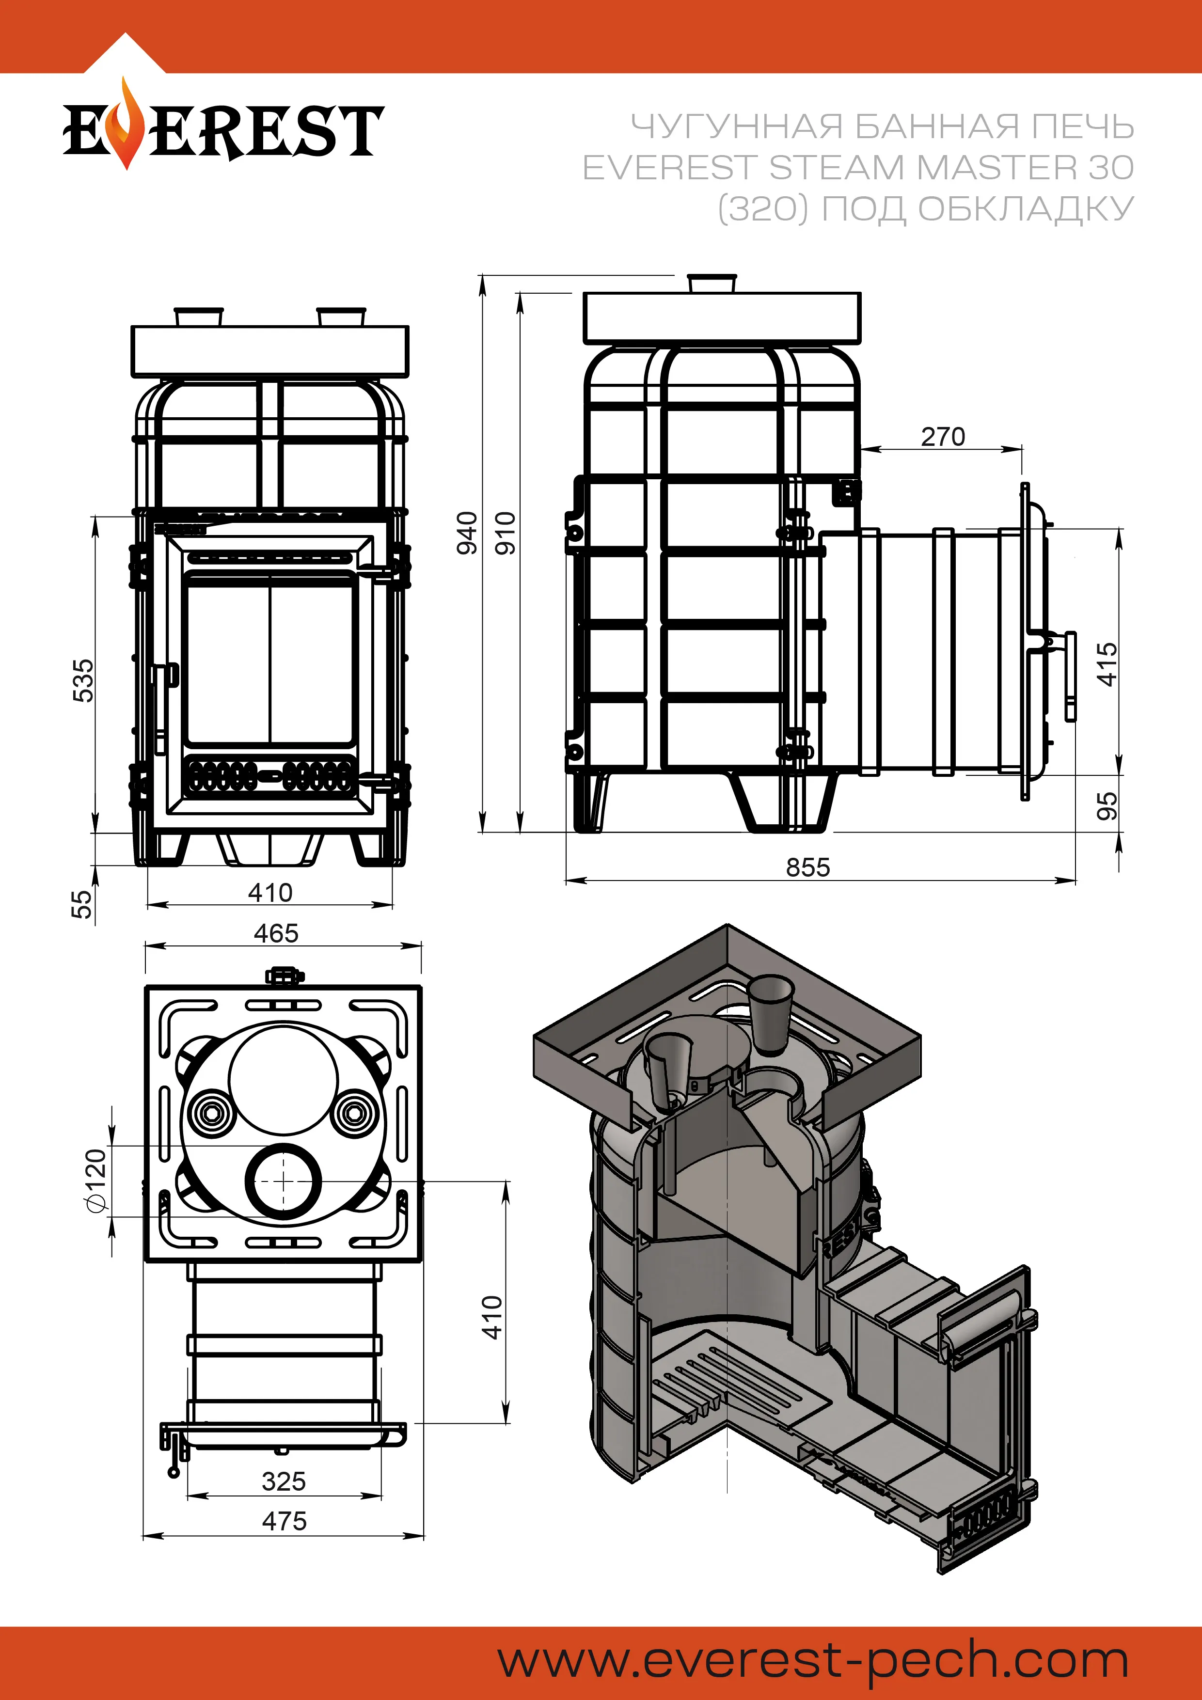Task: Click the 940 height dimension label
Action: pyautogui.click(x=467, y=533)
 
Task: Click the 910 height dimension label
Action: pyautogui.click(x=505, y=533)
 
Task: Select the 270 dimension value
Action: pyautogui.click(x=943, y=437)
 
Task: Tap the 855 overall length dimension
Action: pyautogui.click(x=808, y=867)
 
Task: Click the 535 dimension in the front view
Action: pyautogui.click(x=84, y=680)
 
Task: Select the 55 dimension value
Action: pyautogui.click(x=82, y=904)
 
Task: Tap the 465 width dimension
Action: pyautogui.click(x=276, y=933)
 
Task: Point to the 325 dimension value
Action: pyautogui.click(x=284, y=1481)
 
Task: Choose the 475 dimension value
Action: pyautogui.click(x=284, y=1521)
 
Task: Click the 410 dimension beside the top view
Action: pyautogui.click(x=492, y=1317)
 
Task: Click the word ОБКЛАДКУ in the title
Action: pyautogui.click(x=1026, y=209)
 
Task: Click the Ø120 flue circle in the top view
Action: pyautogui.click(x=284, y=1181)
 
